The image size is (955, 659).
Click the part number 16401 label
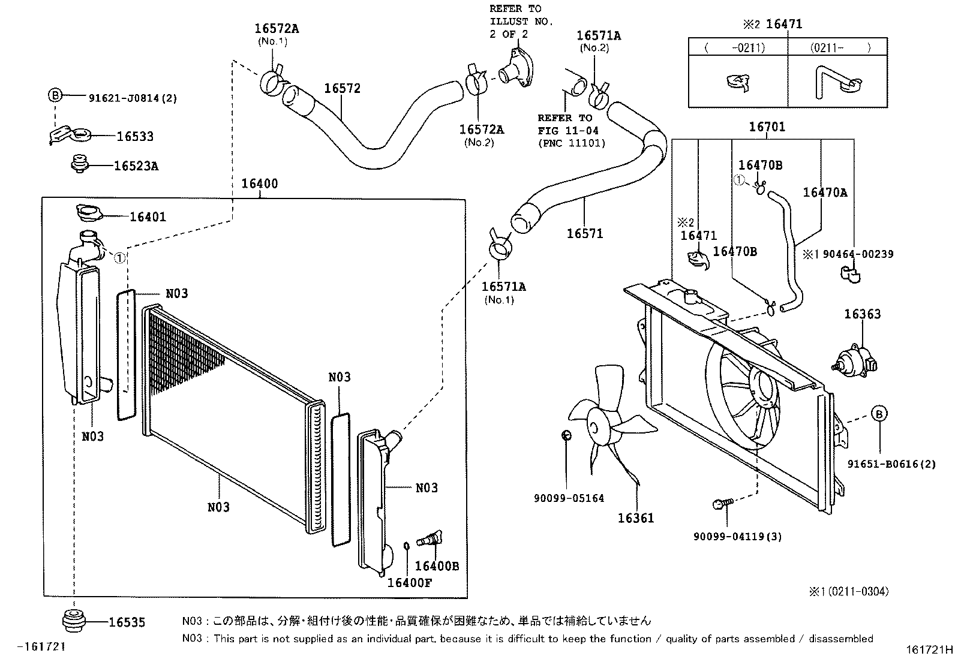[148, 216]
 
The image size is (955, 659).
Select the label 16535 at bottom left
[127, 622]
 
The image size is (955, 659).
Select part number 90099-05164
[569, 498]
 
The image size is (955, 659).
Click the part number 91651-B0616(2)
[891, 464]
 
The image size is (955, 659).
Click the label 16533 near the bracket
[135, 136]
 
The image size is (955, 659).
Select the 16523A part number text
[136, 166]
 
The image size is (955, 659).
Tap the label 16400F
[409, 582]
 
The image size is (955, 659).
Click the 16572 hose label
[342, 88]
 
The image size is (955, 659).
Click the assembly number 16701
[767, 127]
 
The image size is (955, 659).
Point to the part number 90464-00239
[858, 254]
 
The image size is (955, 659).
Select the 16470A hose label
[825, 192]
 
